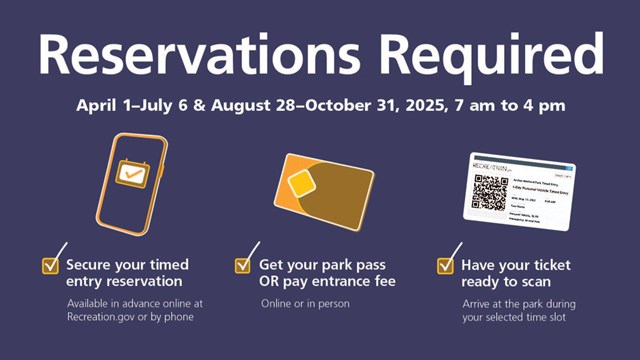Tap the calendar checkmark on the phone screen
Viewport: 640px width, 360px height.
[x=131, y=173]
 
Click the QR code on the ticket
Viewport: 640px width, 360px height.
[x=491, y=193]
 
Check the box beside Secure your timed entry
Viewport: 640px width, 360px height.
[x=50, y=265]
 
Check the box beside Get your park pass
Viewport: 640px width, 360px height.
[x=243, y=265]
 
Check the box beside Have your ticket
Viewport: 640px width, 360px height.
[x=446, y=265]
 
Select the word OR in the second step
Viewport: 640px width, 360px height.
[x=272, y=282]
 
